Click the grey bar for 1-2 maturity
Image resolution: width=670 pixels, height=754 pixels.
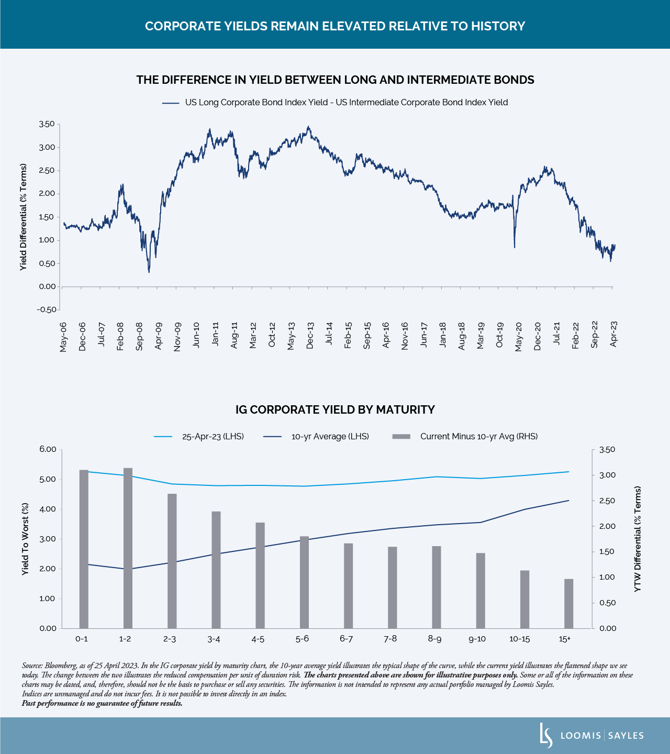128,548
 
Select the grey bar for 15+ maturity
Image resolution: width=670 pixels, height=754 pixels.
568,603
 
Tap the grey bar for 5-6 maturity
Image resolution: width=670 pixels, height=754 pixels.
304,582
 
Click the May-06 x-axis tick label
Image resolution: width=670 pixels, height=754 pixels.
63,337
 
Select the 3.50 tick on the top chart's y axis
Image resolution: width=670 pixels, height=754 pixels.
47,124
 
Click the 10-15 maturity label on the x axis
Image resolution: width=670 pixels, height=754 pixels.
519,639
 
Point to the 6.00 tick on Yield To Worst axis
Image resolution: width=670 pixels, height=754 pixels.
47,449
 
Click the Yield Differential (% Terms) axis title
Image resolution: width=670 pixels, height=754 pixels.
23,217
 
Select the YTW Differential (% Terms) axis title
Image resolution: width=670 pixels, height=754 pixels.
637,539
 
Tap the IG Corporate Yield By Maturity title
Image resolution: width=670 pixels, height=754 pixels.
335,409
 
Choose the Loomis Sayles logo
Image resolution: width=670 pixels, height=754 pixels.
592,735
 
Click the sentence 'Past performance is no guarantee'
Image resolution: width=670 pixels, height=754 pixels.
102,703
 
